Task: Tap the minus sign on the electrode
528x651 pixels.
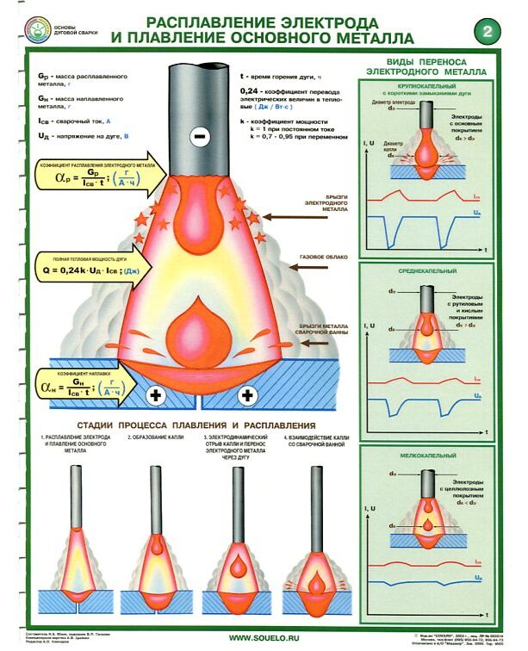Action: [x=200, y=136]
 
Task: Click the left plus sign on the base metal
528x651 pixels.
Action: [x=157, y=395]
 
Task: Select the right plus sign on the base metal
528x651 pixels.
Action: [x=248, y=395]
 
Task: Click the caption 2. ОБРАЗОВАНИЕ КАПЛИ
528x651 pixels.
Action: [x=155, y=440]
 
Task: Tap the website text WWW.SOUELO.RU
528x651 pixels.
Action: [x=264, y=638]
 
